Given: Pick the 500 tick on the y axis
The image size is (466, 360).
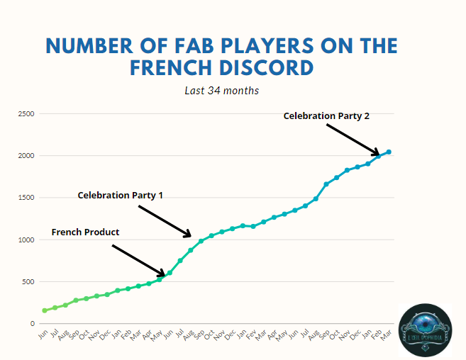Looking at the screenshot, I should click(27, 281).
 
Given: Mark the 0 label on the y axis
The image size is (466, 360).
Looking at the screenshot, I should click(32, 324).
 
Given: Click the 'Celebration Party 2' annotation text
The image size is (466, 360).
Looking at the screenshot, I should click(326, 116).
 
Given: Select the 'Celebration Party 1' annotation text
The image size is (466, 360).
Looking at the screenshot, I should click(120, 195).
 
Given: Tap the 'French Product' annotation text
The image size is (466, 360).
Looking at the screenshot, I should click(85, 232).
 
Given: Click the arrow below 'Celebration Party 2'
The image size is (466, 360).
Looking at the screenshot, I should click(353, 140).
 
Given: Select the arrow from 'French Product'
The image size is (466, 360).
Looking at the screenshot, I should click(138, 260).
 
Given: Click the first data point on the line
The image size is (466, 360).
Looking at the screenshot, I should click(45, 310).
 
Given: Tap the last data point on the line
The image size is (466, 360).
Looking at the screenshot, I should click(389, 152).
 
